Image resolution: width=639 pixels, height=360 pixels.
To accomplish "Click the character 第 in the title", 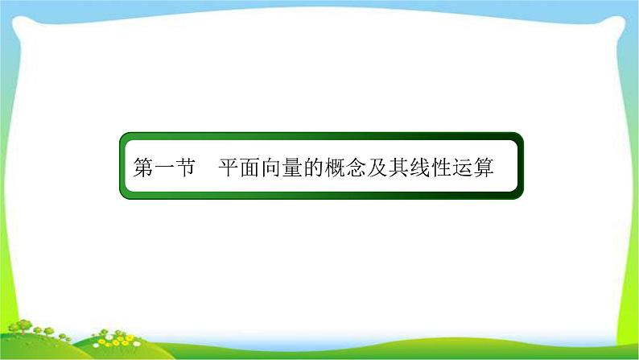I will pos(142,171).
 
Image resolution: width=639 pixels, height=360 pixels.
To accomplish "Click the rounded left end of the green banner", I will pos(124,171).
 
